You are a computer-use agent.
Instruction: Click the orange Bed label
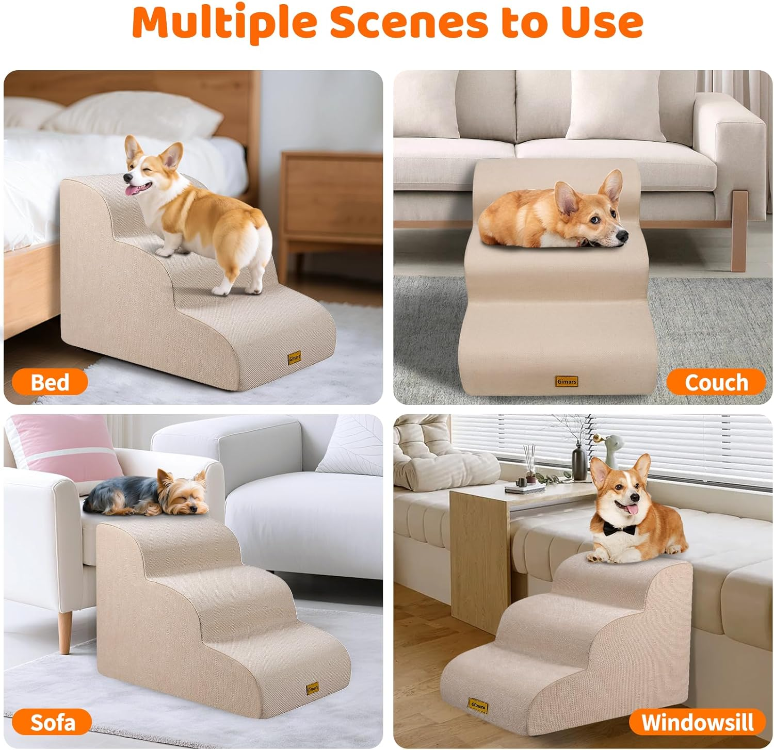(50, 382)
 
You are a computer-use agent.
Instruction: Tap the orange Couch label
(716, 382)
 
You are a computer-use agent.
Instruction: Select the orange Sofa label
(52, 722)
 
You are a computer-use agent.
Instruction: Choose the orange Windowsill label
(697, 722)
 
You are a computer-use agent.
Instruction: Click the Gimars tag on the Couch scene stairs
(567, 381)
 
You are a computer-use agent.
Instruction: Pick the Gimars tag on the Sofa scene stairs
(312, 688)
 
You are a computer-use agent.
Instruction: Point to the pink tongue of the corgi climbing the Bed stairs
(135, 191)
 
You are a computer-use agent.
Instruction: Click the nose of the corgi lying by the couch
(623, 236)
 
